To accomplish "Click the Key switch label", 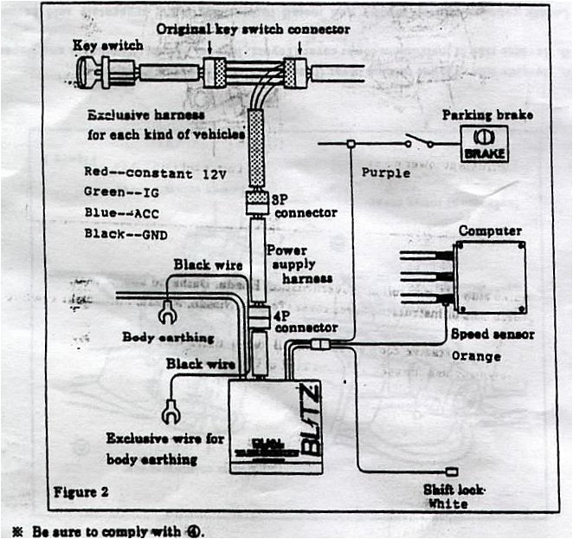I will tap(108, 44).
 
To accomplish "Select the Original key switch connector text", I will tap(253, 29).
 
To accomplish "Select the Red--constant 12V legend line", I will tap(155, 172).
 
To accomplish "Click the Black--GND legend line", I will tap(126, 233).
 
